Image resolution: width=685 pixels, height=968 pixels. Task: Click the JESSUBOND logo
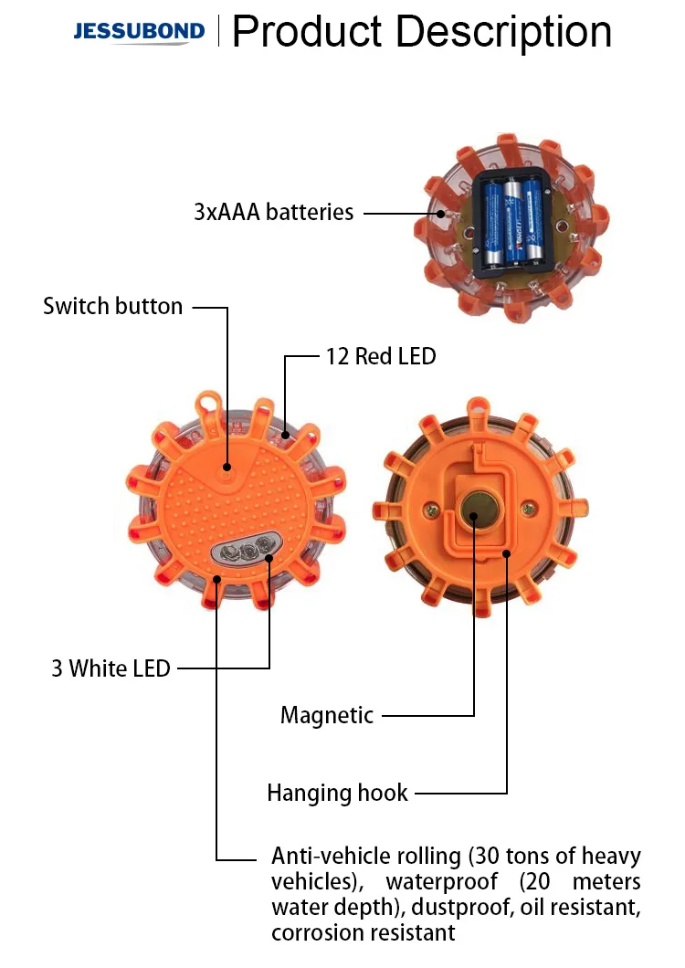139,32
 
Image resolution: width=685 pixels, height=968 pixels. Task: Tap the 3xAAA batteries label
273,212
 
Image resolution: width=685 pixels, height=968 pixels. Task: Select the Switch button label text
112,306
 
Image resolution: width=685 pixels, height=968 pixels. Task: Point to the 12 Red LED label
381,356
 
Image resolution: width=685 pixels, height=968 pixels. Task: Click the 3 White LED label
111,668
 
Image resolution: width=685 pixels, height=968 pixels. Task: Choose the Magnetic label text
327,715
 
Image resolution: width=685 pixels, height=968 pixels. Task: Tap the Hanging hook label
337,793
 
